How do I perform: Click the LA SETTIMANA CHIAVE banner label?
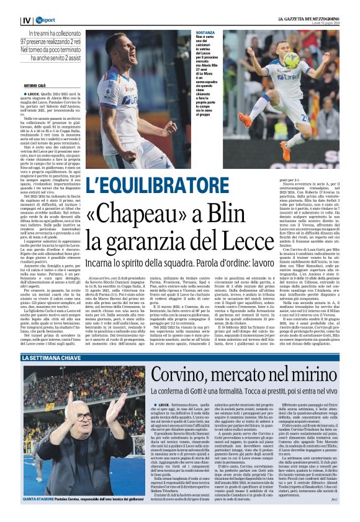(x=53, y=359)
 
